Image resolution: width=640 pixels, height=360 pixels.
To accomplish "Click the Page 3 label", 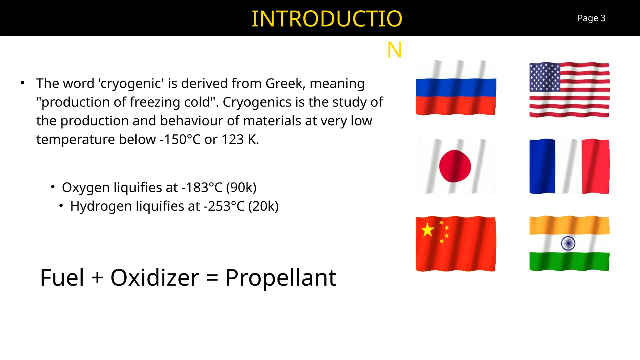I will (591, 18).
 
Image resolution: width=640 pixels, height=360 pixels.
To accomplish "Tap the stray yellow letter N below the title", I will (394, 50).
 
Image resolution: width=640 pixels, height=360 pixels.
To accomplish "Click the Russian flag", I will (456, 88).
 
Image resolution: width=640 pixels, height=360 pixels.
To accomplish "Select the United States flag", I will (569, 90).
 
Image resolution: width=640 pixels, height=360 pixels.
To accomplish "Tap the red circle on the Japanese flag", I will (455, 166).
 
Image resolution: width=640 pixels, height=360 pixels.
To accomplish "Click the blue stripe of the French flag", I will (542, 166).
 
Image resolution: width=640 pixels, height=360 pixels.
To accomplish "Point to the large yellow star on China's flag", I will (427, 230).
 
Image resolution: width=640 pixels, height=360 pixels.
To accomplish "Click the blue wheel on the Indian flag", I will (568, 243).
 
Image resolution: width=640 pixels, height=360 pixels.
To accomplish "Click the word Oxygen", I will (86, 187).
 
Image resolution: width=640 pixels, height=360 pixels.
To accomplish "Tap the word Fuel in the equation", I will (62, 277).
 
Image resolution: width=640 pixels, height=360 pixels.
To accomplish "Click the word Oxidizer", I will (155, 277).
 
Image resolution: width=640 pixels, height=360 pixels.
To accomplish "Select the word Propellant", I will (281, 277).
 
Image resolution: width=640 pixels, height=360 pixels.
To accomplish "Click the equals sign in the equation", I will (212, 277).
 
